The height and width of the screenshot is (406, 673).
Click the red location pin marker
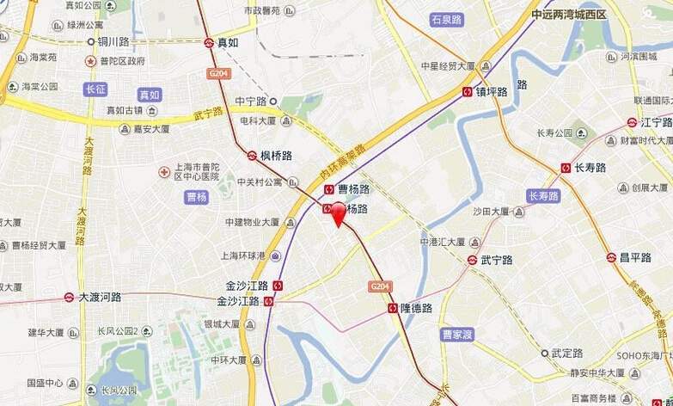339,212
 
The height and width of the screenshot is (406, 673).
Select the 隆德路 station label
416,308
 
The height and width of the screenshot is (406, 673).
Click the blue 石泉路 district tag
447,20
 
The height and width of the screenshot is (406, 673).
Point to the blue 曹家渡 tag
457,335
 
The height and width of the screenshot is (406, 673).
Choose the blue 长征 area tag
96,89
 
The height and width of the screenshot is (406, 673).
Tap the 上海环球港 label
243,255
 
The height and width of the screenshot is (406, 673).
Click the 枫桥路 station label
276,156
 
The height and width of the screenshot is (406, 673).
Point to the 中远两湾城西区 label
569,15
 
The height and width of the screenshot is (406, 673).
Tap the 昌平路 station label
635,257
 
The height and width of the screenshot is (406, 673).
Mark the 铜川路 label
113,40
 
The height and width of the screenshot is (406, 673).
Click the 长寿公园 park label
554,133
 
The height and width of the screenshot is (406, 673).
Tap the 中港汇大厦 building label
443,242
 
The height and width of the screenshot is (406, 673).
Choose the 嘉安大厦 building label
151,129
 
